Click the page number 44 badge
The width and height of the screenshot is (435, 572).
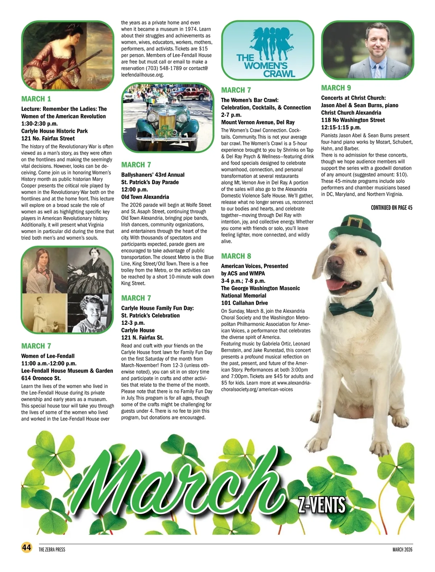tap(26, 547)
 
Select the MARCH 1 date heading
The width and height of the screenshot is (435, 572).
tap(36, 99)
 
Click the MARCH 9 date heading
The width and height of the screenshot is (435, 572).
tap(336, 88)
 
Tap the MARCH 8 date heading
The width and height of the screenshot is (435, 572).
tap(236, 256)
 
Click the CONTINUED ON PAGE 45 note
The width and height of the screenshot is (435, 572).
tap(391, 208)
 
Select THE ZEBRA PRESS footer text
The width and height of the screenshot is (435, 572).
tap(52, 550)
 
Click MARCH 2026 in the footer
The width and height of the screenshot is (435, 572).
tap(402, 550)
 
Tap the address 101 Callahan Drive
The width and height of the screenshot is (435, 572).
tap(244, 303)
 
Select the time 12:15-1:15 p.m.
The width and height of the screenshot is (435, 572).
tap(341, 127)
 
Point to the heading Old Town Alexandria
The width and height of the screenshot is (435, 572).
tap(145, 197)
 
